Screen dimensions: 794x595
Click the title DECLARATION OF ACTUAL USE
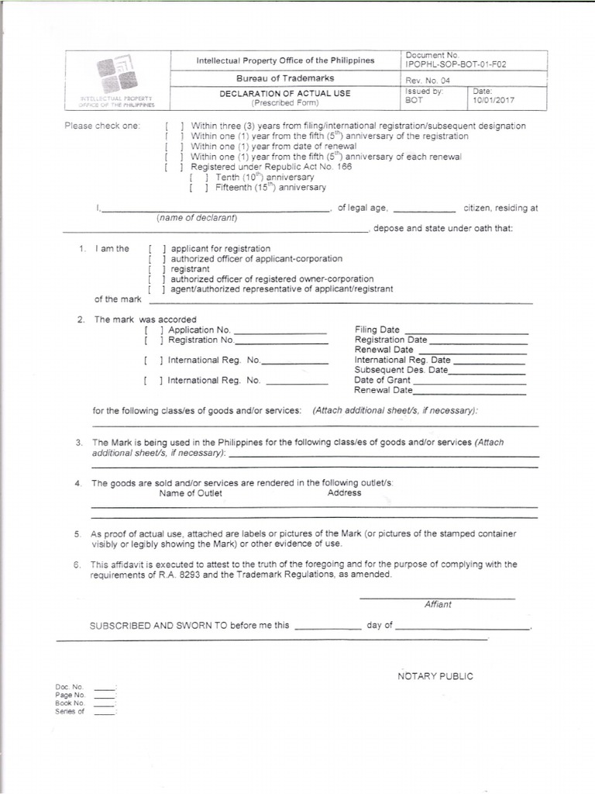tap(284, 94)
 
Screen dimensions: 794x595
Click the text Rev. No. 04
tap(422, 81)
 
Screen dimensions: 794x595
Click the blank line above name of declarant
tap(215, 209)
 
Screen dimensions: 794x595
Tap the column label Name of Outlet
tap(191, 493)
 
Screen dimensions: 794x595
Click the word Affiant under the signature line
tap(438, 604)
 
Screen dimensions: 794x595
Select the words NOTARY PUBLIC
tap(435, 676)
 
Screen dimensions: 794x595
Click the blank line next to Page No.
tap(104, 696)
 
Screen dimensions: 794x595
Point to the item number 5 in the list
tap(77, 534)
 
